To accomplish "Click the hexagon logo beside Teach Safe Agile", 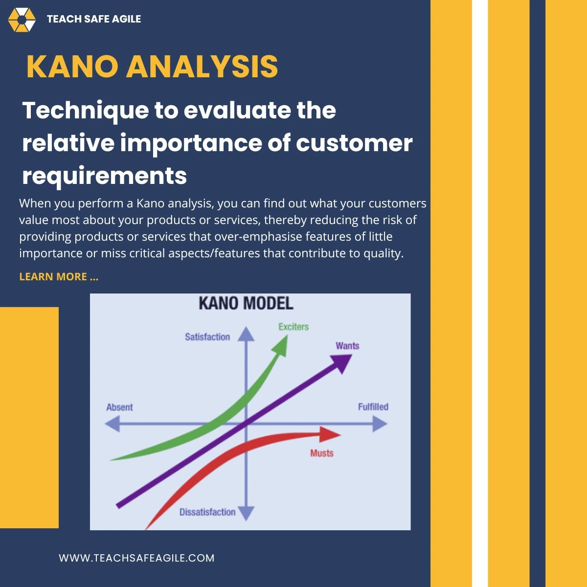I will (22, 20).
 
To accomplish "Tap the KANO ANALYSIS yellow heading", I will (152, 67).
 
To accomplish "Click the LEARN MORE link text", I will (59, 277).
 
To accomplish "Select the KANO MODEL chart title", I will (246, 304).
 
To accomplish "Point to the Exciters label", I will (293, 327).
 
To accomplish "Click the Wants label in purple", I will (347, 346).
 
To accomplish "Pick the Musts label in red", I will (322, 453).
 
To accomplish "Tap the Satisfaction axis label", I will (207, 337).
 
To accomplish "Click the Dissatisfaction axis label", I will (207, 512).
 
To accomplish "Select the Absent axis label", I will (119, 407).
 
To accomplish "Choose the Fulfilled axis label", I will (373, 407).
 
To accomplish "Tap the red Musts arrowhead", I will (330, 434).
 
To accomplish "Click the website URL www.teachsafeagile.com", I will (136, 558).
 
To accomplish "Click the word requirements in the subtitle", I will (104, 175).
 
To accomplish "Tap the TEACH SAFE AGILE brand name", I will (94, 19).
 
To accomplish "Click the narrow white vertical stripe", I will (480, 293).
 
